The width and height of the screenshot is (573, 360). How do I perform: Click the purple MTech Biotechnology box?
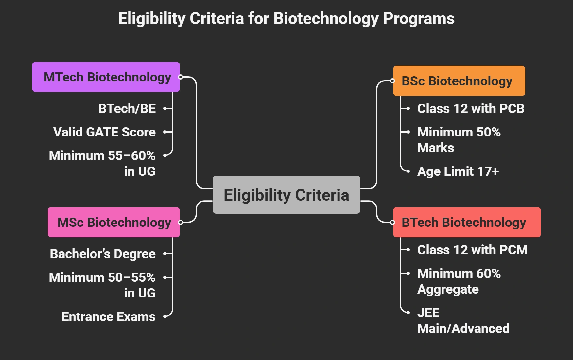pos(106,77)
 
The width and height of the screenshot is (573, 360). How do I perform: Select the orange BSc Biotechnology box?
pos(459,81)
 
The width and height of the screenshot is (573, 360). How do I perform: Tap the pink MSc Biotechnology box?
pos(114,222)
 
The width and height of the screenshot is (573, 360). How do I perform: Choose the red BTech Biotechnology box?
pos(467,222)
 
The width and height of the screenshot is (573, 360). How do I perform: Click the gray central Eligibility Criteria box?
pos(286,195)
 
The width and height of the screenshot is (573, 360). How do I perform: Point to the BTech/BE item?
pos(127,108)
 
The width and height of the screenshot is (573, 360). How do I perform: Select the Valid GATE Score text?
pos(104,132)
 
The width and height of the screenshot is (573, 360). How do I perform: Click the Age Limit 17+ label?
pos(458,171)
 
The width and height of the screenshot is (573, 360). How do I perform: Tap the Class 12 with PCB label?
pos(471,108)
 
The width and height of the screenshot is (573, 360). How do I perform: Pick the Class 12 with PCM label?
pos(472,250)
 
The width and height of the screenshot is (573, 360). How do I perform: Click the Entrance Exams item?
pos(108,316)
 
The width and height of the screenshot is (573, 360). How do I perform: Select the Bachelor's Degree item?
pos(103,254)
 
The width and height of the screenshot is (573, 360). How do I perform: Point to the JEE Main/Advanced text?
pos(463,320)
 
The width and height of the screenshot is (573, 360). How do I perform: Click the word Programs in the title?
pos(419,18)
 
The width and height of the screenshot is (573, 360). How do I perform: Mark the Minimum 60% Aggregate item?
pos(459,281)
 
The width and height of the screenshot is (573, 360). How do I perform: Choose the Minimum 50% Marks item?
pos(459,140)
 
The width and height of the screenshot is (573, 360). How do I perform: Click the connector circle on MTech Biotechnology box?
pos(180,77)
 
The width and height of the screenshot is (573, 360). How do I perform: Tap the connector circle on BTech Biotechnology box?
pos(392,222)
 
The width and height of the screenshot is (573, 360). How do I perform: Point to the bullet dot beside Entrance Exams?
pos(165,316)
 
